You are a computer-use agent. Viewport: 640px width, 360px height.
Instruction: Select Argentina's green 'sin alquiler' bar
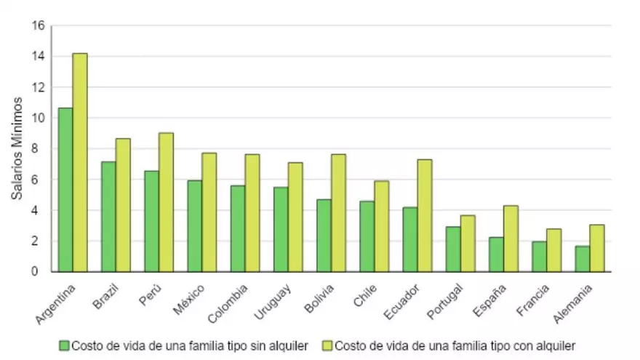[x=65, y=190]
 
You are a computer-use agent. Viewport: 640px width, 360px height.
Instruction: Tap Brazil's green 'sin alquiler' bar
[x=108, y=217]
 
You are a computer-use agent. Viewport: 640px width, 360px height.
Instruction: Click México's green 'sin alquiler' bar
[x=194, y=226]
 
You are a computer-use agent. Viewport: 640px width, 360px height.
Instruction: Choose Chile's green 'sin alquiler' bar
[x=367, y=236]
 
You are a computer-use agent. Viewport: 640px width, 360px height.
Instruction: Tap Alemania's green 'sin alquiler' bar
[x=583, y=259]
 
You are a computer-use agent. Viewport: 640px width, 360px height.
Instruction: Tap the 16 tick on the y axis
[x=39, y=26]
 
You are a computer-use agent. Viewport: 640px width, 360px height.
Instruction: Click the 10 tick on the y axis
[x=39, y=118]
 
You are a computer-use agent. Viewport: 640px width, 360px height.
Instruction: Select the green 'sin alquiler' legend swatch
[x=65, y=345]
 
